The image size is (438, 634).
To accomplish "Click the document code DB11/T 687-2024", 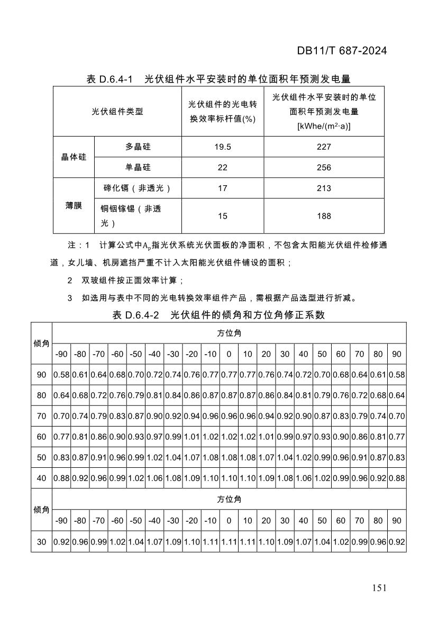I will [342, 51].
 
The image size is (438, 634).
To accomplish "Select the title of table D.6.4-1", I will [218, 79].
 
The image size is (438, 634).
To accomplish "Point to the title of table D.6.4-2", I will [218, 315].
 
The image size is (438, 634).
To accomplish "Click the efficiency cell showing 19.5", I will [223, 147].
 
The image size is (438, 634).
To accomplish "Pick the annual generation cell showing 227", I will [324, 147].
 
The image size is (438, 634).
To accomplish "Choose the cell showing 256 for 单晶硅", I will [324, 168].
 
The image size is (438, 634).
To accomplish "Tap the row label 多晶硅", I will [138, 147].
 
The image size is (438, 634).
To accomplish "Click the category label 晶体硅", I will [74, 157].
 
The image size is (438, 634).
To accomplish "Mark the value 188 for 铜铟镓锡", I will [324, 216].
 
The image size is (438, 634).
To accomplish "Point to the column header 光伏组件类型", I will [117, 112].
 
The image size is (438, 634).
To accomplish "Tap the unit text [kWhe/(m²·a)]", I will [324, 126].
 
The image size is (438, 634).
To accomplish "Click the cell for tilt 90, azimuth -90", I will [61, 375].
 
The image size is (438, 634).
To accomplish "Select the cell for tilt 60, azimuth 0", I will [229, 437].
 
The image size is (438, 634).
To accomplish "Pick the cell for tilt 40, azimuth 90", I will [397, 478].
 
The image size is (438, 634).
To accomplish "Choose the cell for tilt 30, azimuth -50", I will [136, 542].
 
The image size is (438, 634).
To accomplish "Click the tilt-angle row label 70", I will [42, 416].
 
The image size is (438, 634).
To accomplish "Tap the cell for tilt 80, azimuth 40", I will [304, 395].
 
